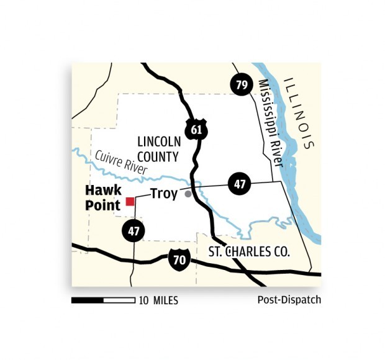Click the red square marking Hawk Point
(x=130, y=201)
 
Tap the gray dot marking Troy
(x=188, y=194)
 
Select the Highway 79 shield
(x=241, y=85)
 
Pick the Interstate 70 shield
(x=179, y=259)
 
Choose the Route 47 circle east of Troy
(x=239, y=184)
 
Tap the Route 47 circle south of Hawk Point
(x=134, y=230)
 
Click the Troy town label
(x=164, y=194)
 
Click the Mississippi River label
(x=271, y=124)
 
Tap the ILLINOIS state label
(x=299, y=112)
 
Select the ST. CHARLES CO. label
(x=249, y=253)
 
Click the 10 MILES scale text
(x=159, y=301)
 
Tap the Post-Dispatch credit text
(x=289, y=300)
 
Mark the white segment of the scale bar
(x=122, y=300)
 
